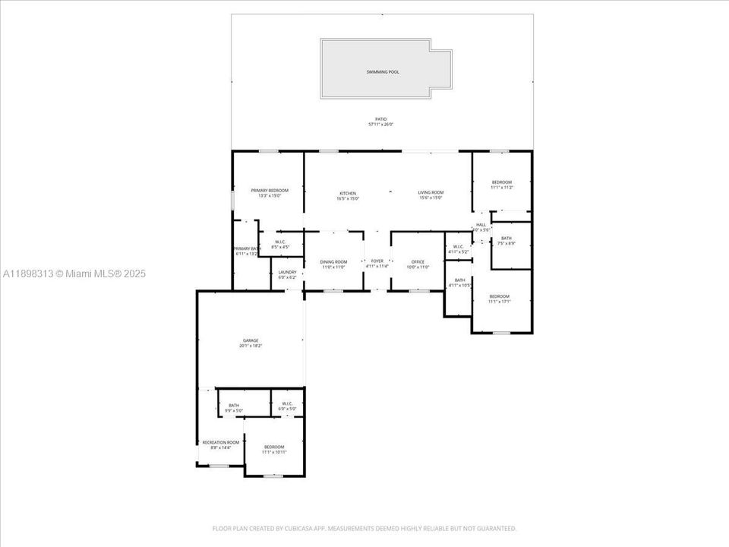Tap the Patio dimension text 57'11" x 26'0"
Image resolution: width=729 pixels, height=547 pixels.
click(381, 125)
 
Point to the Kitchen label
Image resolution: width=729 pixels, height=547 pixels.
click(347, 193)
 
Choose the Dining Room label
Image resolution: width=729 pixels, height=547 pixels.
click(333, 261)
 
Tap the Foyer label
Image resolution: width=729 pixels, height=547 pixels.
click(377, 261)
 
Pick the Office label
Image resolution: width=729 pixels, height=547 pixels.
click(418, 261)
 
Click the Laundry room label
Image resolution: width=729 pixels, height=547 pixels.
click(287, 272)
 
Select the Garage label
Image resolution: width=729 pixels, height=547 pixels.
click(251, 340)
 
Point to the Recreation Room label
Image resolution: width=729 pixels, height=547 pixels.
click(220, 442)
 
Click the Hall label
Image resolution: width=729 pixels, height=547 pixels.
click(481, 225)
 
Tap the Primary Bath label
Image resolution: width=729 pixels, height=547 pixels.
click(247, 249)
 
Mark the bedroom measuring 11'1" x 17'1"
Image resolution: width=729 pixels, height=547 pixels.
click(499, 296)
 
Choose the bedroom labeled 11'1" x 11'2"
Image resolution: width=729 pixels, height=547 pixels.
click(501, 182)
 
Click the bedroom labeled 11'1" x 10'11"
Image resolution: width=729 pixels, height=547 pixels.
click(273, 447)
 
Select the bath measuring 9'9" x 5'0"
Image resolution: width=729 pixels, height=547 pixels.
click(234, 406)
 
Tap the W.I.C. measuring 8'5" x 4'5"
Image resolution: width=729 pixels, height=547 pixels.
click(280, 242)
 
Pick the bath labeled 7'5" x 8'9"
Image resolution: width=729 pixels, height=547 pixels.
click(507, 239)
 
